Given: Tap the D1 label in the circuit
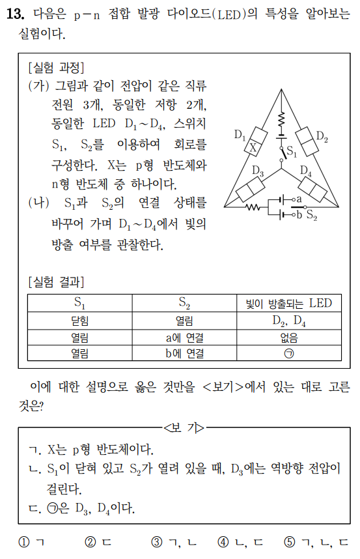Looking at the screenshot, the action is [x=240, y=136].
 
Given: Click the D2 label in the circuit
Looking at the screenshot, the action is [x=322, y=136].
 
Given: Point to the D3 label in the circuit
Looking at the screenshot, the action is [x=258, y=171].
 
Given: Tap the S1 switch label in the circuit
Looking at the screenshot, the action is [x=292, y=154].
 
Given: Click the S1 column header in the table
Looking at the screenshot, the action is [x=80, y=304].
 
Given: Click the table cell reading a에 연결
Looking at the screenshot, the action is [x=184, y=337].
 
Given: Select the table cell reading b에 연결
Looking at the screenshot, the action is [x=184, y=354].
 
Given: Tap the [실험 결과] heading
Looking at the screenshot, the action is [x=56, y=282].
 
